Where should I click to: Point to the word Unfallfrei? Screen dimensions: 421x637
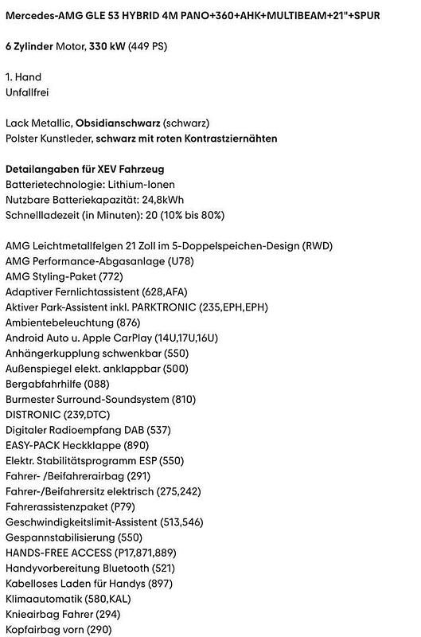point(28,93)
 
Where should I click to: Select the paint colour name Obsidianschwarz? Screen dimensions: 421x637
point(118,123)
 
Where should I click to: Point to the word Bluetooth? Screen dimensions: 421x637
point(123,568)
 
